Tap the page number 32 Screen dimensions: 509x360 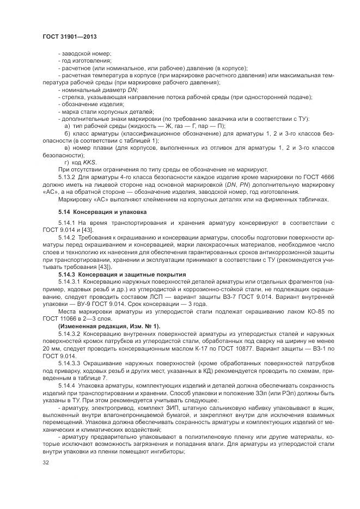(46, 463)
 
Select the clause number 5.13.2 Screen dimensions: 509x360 (68, 177)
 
